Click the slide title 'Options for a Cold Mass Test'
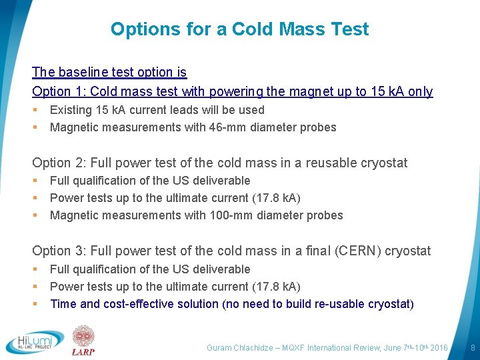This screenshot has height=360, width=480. pos(239,29)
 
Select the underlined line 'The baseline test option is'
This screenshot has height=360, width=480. pos(109,72)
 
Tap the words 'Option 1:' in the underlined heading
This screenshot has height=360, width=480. pos(58,91)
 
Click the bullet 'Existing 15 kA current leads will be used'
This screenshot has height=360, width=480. pos(157,110)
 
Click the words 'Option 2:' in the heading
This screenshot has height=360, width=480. pos(58,163)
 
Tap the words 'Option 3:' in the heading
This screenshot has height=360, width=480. pos(58,251)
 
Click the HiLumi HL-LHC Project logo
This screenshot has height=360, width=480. pos(35,341)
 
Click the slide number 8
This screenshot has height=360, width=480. pos(472,348)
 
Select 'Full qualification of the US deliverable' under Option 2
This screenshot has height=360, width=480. pos(150,181)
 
